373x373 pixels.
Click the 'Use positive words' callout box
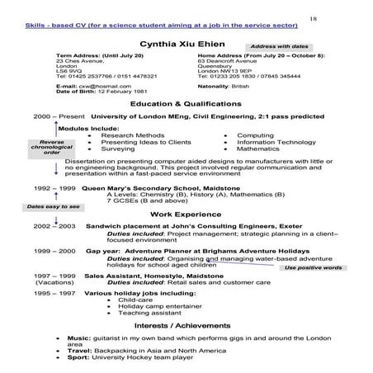pos(314,267)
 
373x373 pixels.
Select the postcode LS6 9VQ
pos(68,70)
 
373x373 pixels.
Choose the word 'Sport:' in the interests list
pos(79,360)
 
